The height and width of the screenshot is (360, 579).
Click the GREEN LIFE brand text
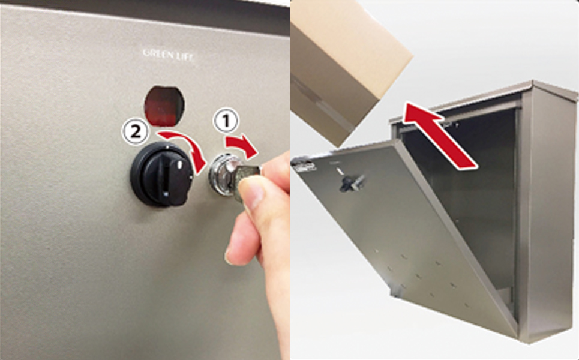coord(169,55)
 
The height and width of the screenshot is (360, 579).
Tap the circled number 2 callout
coord(135,132)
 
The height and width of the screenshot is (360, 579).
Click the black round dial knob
coord(161,174)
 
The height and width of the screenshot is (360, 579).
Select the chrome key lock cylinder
coord(221,174)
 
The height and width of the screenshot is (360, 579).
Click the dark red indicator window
coord(164,105)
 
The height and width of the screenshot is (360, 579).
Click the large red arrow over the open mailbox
coord(439,136)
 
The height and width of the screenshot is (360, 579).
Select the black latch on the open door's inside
coord(351,183)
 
